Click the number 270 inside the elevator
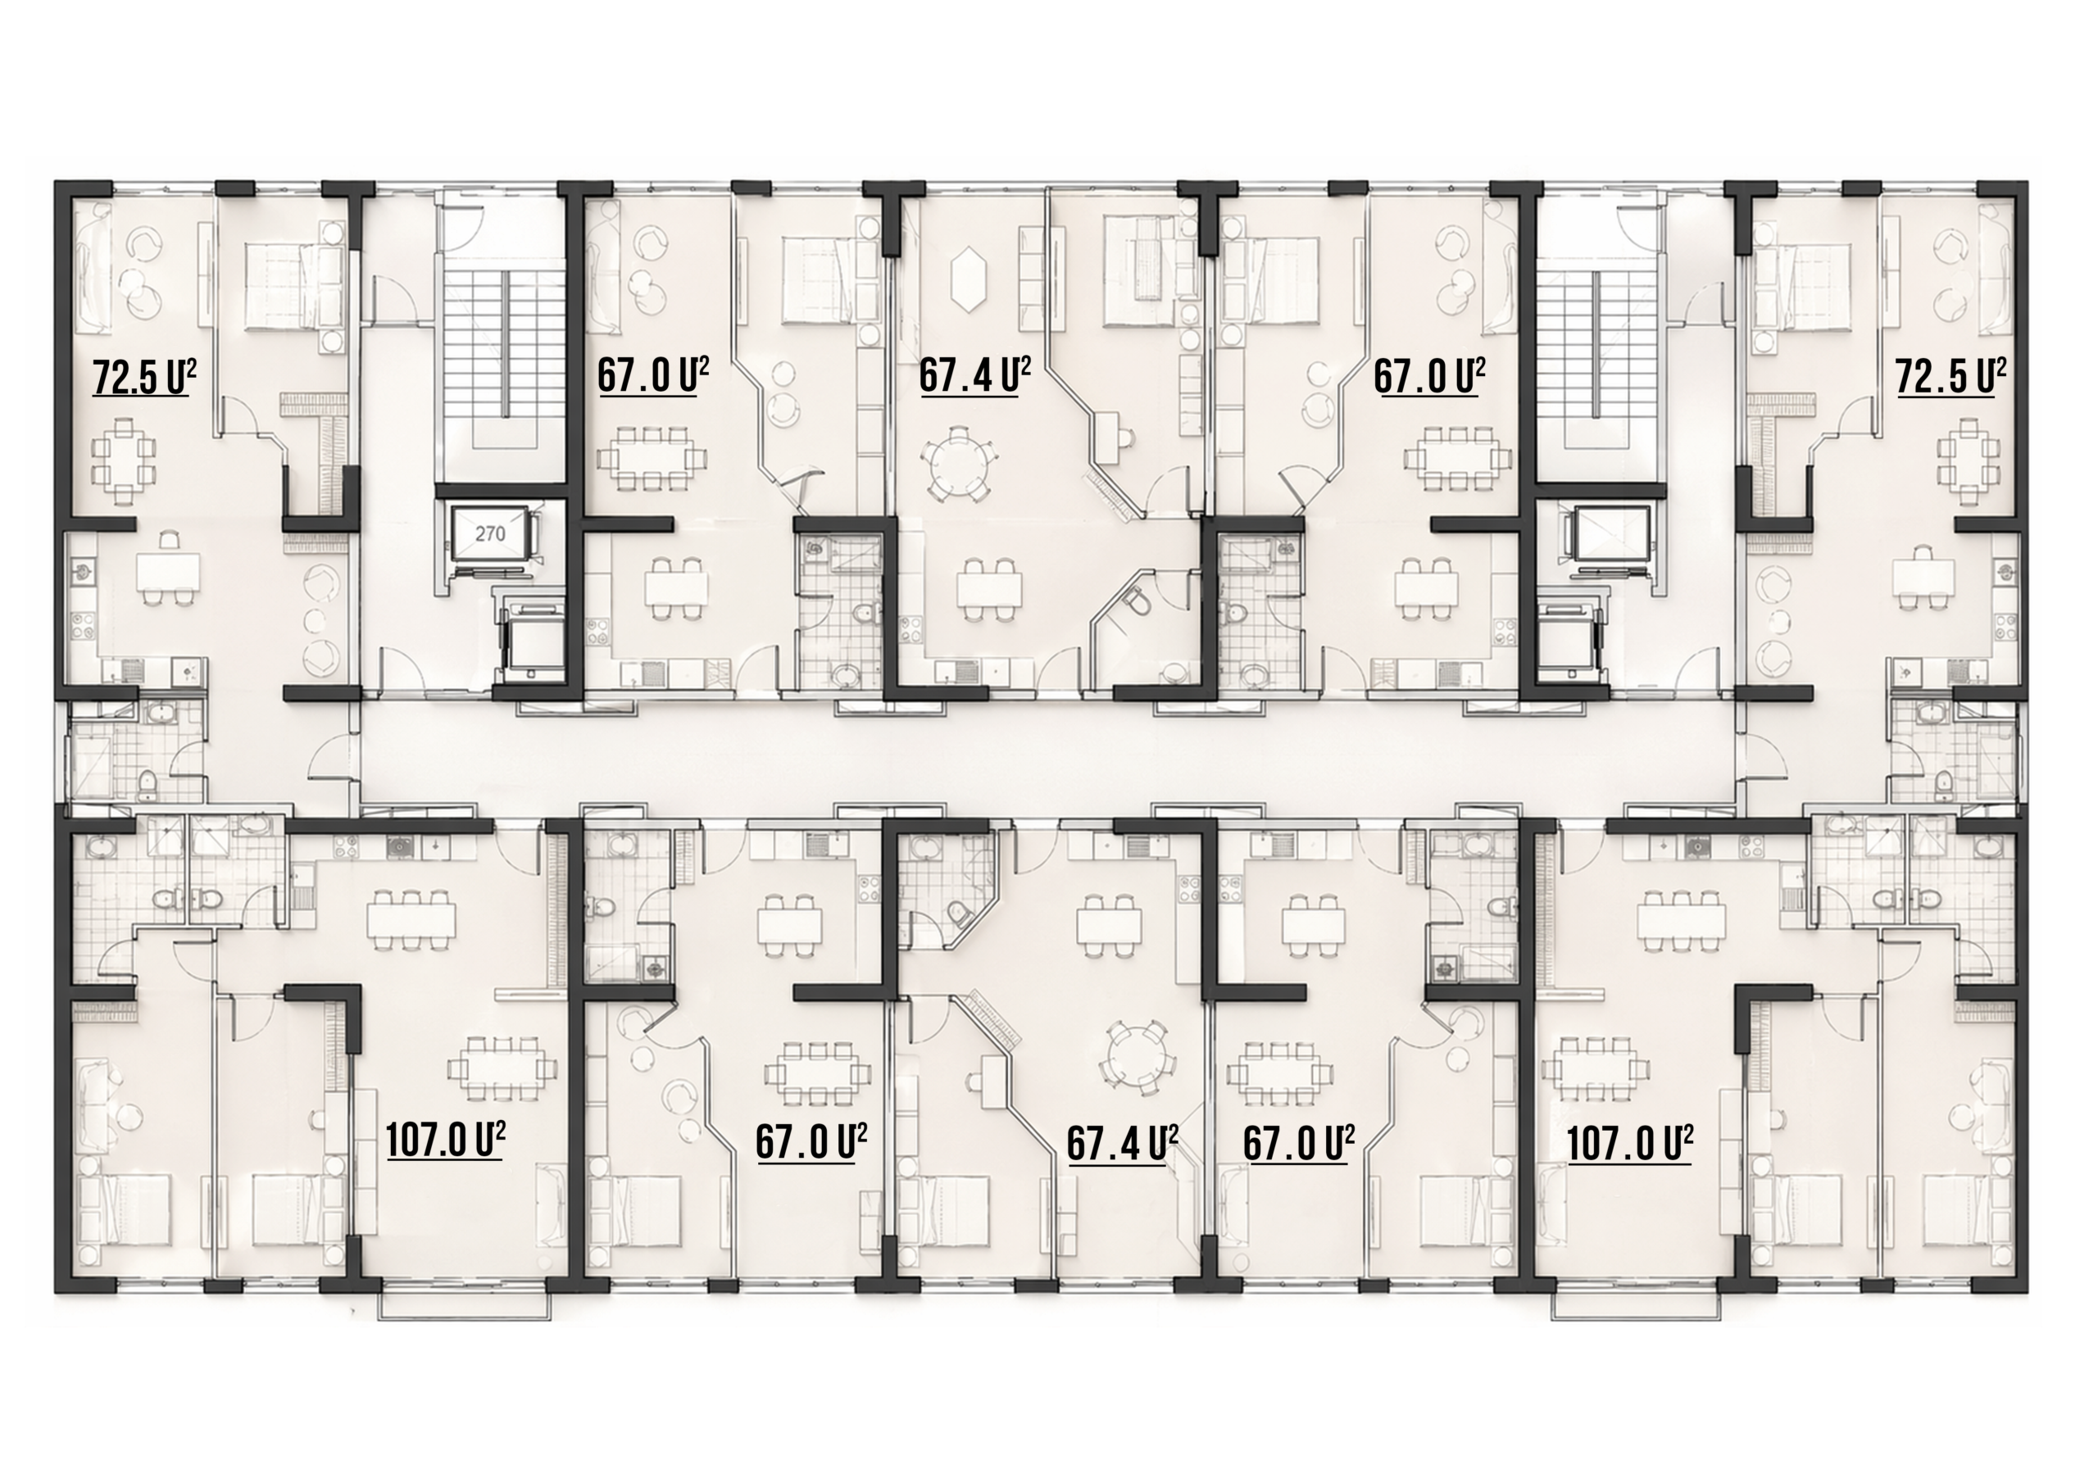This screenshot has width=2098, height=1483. point(490,533)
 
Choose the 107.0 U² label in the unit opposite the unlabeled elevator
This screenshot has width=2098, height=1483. point(1630,1143)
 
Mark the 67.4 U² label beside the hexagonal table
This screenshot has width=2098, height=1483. point(975,374)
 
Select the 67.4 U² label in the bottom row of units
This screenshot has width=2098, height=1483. point(1122,1143)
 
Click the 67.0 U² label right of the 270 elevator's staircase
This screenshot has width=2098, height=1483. point(653,374)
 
